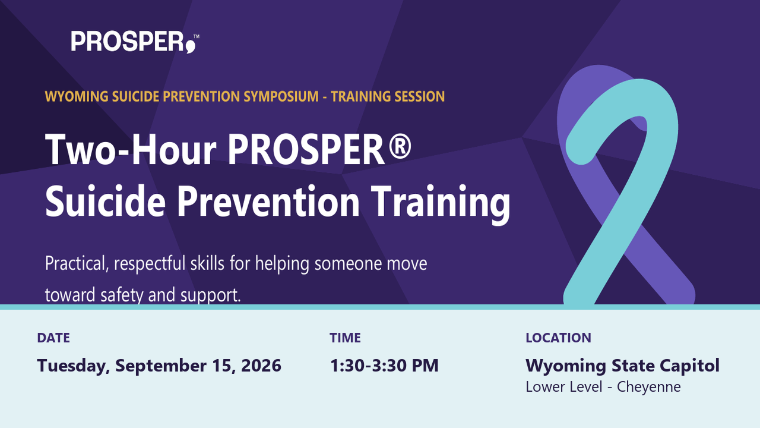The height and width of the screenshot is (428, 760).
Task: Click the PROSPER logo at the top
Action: coord(135,42)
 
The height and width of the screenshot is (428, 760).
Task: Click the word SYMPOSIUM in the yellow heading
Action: coord(281,96)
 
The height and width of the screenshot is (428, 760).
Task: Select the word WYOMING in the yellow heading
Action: coord(77,96)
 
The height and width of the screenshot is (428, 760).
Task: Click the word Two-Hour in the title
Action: coord(131,149)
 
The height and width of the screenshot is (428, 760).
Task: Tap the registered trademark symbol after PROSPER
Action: coord(400,146)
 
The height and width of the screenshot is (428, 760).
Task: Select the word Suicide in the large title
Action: coord(105,201)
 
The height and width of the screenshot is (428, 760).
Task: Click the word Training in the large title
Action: coord(441,204)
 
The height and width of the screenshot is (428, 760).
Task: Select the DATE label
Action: coord(53,338)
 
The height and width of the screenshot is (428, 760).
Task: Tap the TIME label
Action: coord(345,338)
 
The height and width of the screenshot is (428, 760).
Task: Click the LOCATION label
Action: coord(559,338)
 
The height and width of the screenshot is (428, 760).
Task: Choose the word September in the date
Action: coord(161,366)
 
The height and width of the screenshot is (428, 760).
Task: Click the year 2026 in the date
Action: coord(261,366)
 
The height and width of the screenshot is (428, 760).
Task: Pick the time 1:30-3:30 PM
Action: coord(384,366)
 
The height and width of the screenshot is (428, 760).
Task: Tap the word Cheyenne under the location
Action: coord(649,388)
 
